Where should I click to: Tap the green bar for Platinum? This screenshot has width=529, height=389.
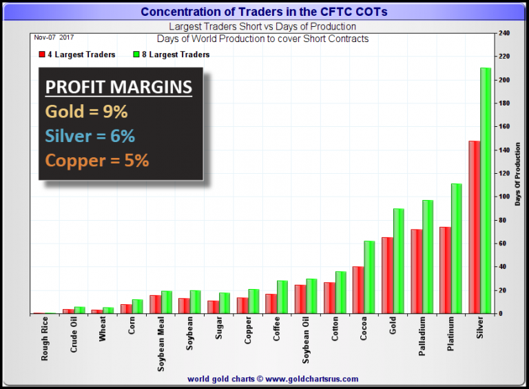pyautogui.click(x=457, y=248)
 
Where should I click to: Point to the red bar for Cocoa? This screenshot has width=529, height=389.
pyautogui.click(x=358, y=290)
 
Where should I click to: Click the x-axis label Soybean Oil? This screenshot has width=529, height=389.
pyautogui.click(x=307, y=337)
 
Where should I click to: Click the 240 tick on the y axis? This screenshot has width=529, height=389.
pyautogui.click(x=505, y=33)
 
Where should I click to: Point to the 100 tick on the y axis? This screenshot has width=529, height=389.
pyautogui.click(x=505, y=197)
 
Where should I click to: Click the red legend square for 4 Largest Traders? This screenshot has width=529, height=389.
pyautogui.click(x=42, y=54)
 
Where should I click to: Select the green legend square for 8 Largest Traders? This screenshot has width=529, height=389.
pyautogui.click(x=136, y=54)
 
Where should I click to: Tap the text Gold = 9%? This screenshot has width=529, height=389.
pyautogui.click(x=87, y=112)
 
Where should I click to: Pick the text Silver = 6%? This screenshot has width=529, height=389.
pyautogui.click(x=90, y=135)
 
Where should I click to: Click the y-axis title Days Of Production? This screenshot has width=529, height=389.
pyautogui.click(x=519, y=186)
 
